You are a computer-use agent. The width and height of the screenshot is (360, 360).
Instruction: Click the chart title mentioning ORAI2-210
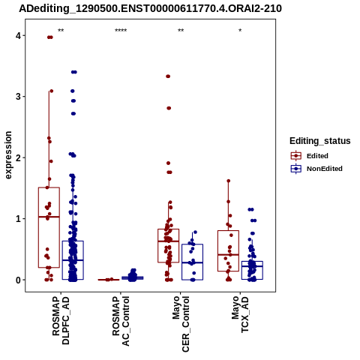[x=150, y=9]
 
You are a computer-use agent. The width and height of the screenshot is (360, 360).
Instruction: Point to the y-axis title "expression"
[x=8, y=155]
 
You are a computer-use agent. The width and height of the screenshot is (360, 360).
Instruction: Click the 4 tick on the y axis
[x=19, y=35]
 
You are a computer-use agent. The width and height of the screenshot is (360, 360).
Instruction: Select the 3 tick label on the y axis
[x=19, y=97]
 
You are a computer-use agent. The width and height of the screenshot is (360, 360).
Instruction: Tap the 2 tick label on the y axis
[x=19, y=157]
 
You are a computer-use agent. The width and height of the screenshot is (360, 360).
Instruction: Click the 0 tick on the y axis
[x=19, y=280]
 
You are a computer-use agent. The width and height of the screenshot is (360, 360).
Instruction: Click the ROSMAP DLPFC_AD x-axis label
[x=61, y=320]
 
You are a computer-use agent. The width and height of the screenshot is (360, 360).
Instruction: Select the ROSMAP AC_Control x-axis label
[x=121, y=321]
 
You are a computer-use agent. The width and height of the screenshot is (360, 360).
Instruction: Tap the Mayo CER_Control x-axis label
[x=181, y=324]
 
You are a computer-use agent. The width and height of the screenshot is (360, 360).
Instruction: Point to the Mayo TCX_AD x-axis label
[x=241, y=314]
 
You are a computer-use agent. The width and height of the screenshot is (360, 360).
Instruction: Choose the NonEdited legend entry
[x=316, y=169]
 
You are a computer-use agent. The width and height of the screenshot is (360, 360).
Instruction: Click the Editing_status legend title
[x=320, y=141]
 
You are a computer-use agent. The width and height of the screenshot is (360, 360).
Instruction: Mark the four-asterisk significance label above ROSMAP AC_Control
[x=121, y=31]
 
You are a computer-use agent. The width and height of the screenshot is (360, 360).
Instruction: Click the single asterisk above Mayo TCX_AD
[x=240, y=31]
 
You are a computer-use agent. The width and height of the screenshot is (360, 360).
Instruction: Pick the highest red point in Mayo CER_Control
[x=168, y=76]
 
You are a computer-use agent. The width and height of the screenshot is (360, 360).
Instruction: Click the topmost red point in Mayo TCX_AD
[x=229, y=181]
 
